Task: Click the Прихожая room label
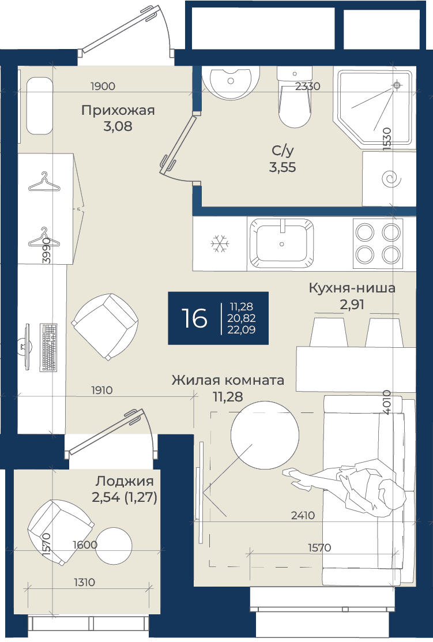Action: pos(118,111)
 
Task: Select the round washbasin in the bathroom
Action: pos(231,82)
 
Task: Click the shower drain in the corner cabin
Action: pos(396,85)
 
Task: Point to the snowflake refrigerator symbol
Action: pos(220,243)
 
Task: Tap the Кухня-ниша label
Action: pos(352,288)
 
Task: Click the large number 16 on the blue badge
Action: pos(194,318)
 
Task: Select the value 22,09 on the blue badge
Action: pos(242,330)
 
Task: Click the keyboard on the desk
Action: pos(48,347)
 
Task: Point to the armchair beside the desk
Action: pos(105,326)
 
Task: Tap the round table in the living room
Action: pos(265,435)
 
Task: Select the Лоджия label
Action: pos(125,482)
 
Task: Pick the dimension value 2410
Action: pos(303,515)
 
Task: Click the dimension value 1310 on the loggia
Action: pos(84,582)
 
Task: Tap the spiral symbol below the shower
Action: pos(389,178)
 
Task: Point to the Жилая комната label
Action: pos(228,380)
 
